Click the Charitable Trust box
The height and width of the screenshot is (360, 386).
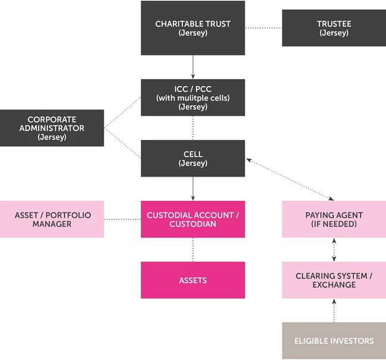192,28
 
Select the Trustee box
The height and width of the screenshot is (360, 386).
334,28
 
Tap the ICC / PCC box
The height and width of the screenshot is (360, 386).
192,98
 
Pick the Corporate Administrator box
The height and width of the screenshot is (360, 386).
52,128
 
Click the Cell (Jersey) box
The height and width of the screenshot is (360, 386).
192,158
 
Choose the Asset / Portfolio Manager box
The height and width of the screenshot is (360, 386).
52,219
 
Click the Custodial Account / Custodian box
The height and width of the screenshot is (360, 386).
192,219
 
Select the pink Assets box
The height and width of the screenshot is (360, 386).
192,280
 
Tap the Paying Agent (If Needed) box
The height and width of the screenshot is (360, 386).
334,219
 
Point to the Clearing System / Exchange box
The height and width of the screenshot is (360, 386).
334,280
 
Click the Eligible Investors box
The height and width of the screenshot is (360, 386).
334,341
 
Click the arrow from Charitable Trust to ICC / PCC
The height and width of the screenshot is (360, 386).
193,67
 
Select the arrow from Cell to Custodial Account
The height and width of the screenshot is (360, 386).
193,189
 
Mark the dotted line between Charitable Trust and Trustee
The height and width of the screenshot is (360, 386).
263,28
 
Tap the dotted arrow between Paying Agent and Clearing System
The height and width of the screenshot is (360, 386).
334,250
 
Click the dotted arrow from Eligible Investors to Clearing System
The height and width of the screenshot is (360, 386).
334,311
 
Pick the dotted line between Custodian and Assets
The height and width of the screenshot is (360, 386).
193,250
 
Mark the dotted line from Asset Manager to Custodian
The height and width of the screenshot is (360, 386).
122,219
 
